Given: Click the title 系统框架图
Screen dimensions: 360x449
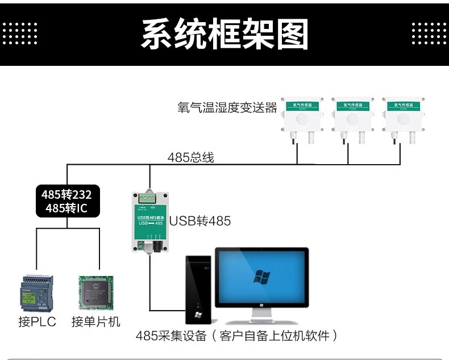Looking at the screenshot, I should tap(224, 34).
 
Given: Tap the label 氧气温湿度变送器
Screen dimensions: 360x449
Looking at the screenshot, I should tap(227, 107).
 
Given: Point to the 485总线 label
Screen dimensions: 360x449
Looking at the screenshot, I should tap(190, 157).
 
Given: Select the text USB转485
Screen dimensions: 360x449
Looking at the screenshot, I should tap(200, 221).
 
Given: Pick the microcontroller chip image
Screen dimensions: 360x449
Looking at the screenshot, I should tap(96, 292).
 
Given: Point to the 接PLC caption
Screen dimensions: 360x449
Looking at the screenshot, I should tap(37, 322).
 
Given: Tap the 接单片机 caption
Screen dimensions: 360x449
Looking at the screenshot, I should tap(96, 322).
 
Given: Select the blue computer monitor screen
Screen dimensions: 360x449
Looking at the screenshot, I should tap(262, 275).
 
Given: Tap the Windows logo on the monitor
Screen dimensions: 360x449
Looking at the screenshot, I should tap(262, 277).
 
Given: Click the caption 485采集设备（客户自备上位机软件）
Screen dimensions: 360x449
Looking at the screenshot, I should tap(237, 336).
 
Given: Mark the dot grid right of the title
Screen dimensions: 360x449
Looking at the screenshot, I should tap(430, 34).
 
